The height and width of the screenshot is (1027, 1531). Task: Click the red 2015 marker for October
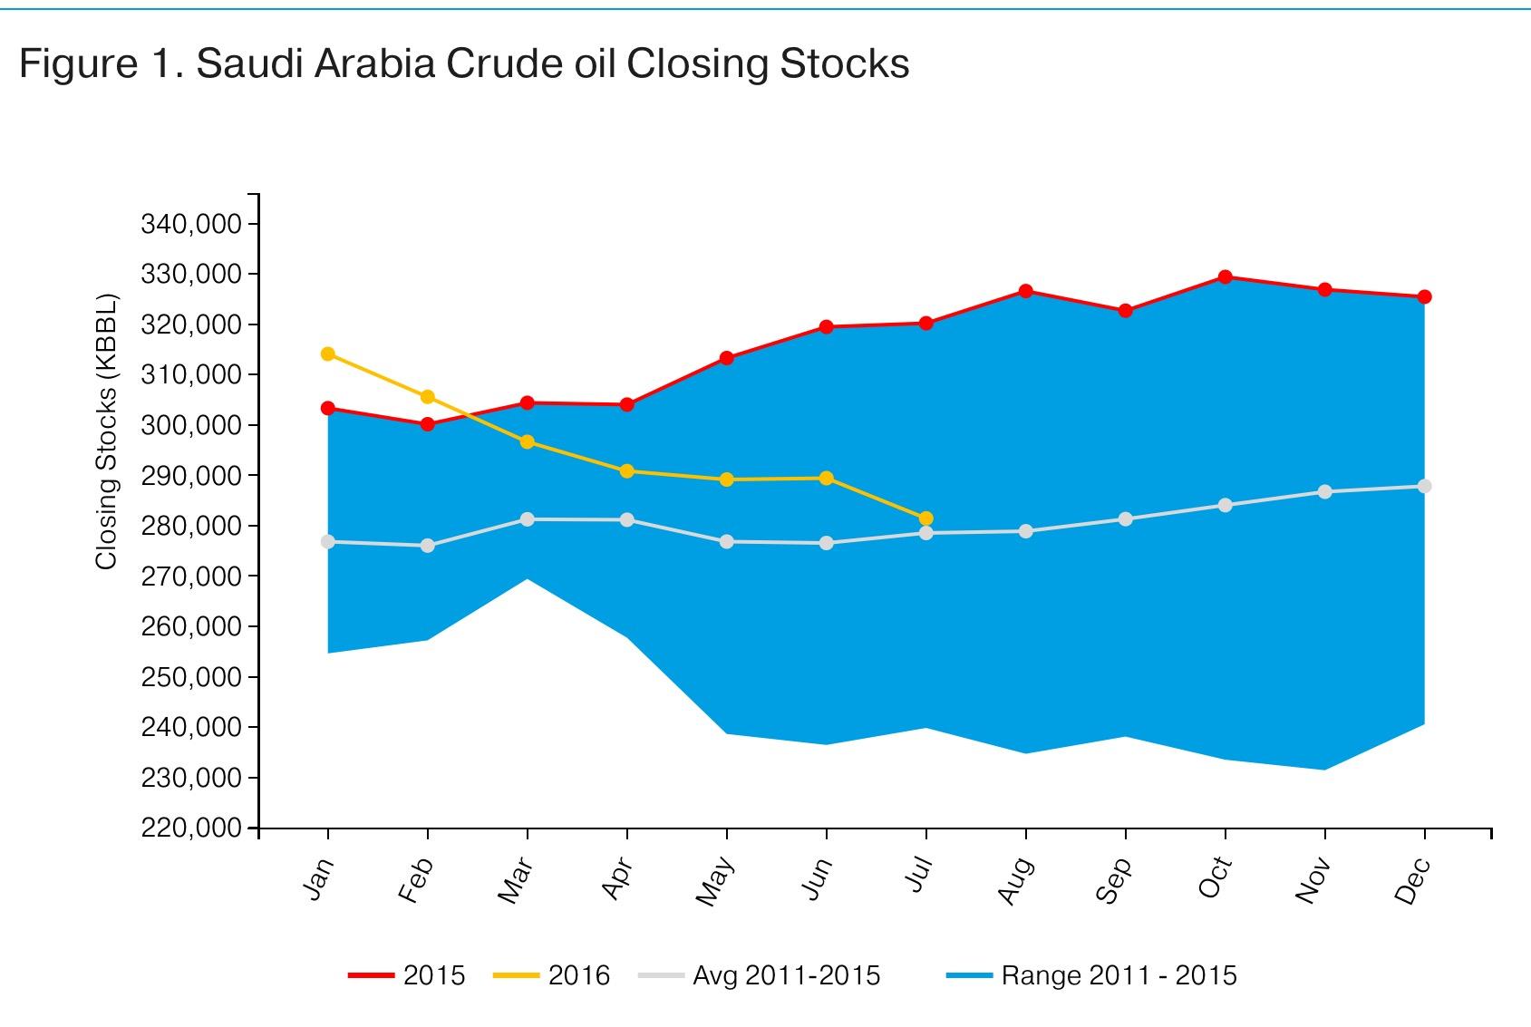pos(1225,277)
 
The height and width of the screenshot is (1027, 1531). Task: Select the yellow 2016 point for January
pos(328,354)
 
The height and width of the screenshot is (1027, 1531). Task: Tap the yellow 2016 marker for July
pos(925,518)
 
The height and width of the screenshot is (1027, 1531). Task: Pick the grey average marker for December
pos(1424,487)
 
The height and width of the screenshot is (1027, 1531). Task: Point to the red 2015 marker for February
pos(428,424)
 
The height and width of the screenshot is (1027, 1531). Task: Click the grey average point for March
pos(528,519)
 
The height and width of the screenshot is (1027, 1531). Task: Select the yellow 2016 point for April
pos(626,471)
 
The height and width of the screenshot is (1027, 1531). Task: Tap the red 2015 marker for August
pos(1025,291)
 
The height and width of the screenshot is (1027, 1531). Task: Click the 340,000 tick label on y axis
pos(191,224)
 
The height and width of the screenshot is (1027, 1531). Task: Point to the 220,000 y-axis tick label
pos(191,828)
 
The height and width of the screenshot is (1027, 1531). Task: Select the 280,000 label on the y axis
pos(191,526)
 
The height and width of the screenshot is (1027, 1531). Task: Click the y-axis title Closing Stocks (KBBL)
pos(107,431)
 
